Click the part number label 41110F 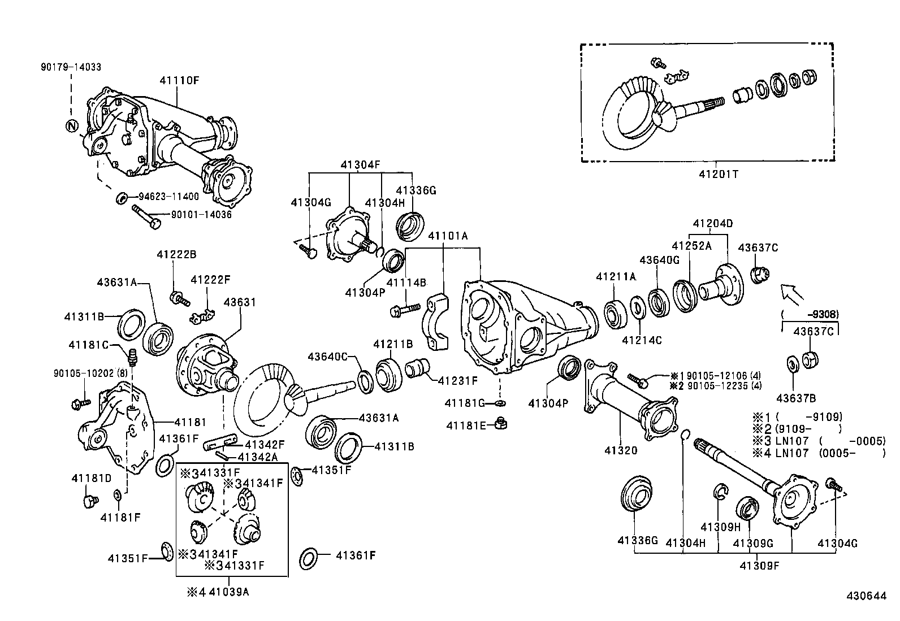179,80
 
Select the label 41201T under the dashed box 717,174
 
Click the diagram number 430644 866,596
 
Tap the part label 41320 621,450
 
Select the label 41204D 712,223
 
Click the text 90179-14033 71,67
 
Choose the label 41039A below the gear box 228,592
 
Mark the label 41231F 458,380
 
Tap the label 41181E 466,425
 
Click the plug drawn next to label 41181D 89,501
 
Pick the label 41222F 210,280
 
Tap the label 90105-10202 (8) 84,374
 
